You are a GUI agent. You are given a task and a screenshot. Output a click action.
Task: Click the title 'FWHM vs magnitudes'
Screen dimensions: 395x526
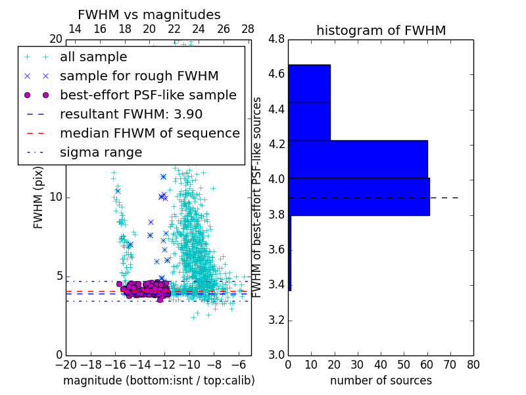(149, 14)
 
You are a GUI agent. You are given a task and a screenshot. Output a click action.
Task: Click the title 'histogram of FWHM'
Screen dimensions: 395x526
(381, 30)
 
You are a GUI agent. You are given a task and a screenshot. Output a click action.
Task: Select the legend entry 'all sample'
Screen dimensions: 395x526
(93, 57)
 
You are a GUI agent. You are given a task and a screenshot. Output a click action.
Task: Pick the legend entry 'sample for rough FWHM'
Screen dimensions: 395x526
(139, 76)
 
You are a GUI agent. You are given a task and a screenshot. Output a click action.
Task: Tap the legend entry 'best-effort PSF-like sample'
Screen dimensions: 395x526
(148, 95)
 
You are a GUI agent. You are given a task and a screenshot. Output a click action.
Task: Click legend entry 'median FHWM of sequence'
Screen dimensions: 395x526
(149, 134)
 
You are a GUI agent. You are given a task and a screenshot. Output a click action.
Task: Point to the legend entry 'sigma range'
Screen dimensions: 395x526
(101, 153)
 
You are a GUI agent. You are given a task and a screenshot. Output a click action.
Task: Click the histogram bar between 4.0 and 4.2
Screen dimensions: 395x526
(358, 159)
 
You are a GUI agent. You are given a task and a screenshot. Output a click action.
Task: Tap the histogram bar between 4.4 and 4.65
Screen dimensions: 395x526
(309, 84)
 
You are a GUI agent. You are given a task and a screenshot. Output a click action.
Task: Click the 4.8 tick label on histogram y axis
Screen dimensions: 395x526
(276, 39)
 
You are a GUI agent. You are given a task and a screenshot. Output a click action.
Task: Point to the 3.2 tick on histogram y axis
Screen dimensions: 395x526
(276, 320)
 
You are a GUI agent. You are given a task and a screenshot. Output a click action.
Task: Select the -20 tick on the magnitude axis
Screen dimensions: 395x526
(65, 364)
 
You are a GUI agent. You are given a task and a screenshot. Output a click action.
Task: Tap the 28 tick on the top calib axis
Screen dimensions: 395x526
(247, 30)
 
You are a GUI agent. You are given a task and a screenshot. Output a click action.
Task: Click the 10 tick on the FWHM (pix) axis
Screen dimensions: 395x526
(56, 197)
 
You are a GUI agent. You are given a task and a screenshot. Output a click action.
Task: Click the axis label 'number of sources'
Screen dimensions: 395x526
(381, 381)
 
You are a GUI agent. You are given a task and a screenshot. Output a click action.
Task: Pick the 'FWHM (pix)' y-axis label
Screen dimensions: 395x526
(39, 197)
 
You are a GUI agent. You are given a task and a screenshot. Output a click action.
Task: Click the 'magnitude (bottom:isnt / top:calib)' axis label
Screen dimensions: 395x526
(158, 381)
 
